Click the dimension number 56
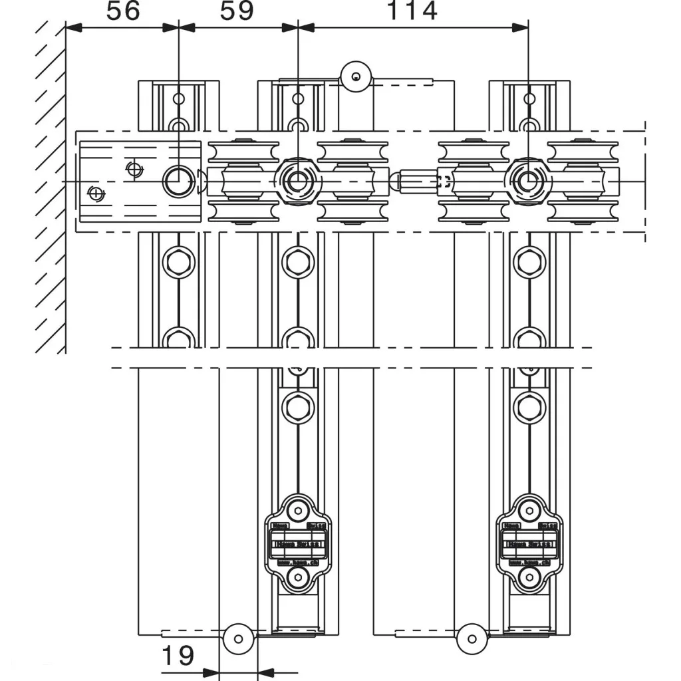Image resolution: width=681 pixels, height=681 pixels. tap(124, 11)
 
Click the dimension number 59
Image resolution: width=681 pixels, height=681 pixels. tap(237, 11)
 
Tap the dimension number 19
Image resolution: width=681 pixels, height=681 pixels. tap(178, 656)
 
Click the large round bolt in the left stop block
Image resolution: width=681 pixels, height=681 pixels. tap(177, 181)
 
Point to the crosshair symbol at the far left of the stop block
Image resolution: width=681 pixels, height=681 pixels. tap(96, 194)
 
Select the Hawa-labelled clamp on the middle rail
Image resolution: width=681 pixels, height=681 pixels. tap(298, 543)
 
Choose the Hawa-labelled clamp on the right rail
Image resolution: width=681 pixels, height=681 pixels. tap(529, 543)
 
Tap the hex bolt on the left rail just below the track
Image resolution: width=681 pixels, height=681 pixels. tap(178, 261)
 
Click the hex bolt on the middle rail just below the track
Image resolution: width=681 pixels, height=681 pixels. tap(297, 261)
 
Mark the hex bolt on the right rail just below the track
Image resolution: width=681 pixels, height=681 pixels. tap(529, 261)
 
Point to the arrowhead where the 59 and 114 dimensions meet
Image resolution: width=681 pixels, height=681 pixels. tap(298, 27)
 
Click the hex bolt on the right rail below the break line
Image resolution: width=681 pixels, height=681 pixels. tap(529, 406)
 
